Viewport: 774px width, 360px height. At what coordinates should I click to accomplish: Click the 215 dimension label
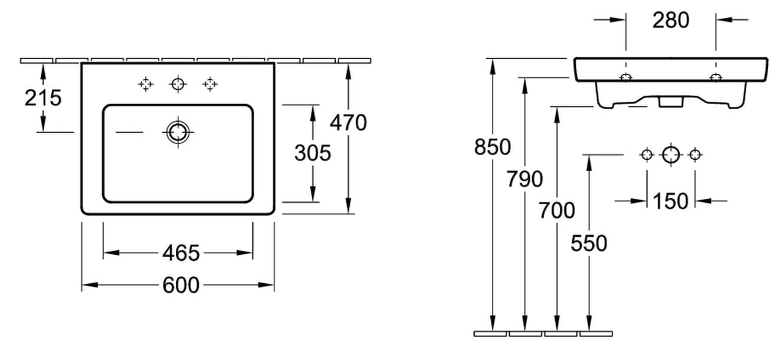[43, 97]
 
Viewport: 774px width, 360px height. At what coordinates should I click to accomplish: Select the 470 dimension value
[348, 122]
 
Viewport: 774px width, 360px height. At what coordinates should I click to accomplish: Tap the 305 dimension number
[312, 153]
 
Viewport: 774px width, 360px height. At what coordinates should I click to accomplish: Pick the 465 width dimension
[181, 253]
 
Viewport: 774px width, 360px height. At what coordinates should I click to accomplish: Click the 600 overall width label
[181, 285]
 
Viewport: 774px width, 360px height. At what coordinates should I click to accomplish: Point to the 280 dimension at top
[671, 20]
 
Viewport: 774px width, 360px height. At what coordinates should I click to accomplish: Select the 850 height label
[493, 146]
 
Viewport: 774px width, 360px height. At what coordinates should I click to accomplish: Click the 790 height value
[524, 179]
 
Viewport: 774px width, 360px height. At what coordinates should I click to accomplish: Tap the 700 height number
[557, 210]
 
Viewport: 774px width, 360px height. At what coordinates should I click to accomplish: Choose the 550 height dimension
[589, 243]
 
